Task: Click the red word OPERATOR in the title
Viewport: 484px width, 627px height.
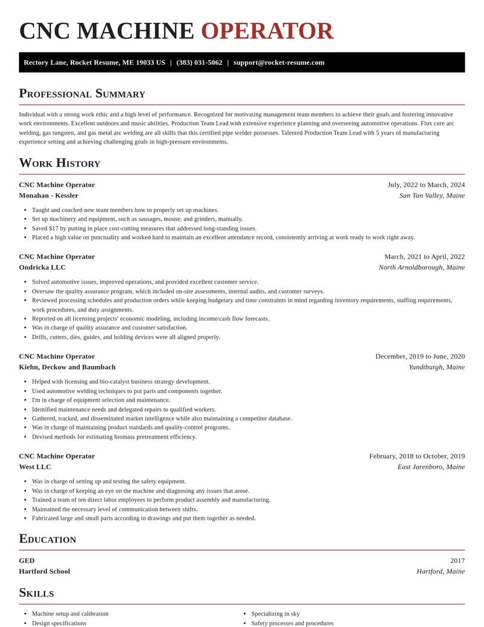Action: pyautogui.click(x=267, y=32)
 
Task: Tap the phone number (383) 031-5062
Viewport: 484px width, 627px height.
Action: pyautogui.click(x=199, y=62)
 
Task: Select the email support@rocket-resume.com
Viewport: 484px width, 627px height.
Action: pyautogui.click(x=279, y=62)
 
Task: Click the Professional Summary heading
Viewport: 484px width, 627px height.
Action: pyautogui.click(x=82, y=93)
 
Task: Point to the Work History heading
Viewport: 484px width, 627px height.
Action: pyautogui.click(x=59, y=163)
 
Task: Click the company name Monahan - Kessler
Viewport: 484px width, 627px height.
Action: pyautogui.click(x=48, y=195)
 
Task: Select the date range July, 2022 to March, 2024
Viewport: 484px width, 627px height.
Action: pyautogui.click(x=426, y=185)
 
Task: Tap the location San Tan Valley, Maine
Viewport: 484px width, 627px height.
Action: pyautogui.click(x=432, y=195)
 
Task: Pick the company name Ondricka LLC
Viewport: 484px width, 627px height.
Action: pyautogui.click(x=42, y=267)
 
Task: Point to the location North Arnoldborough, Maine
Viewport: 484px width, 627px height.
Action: pyautogui.click(x=422, y=267)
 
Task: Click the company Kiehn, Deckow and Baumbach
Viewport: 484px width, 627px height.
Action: pyautogui.click(x=67, y=367)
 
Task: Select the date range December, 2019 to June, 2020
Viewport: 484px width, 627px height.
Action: pyautogui.click(x=420, y=356)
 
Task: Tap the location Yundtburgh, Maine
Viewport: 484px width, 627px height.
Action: pyautogui.click(x=437, y=367)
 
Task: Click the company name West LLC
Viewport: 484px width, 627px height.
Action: pyautogui.click(x=35, y=466)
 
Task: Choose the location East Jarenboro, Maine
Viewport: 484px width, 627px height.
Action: pyautogui.click(x=431, y=466)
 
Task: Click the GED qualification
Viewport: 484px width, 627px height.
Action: pyautogui.click(x=27, y=560)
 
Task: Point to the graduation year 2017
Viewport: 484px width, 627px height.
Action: pyautogui.click(x=457, y=560)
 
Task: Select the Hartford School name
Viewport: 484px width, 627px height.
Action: pyautogui.click(x=44, y=571)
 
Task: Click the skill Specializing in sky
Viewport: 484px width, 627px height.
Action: pyautogui.click(x=275, y=614)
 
